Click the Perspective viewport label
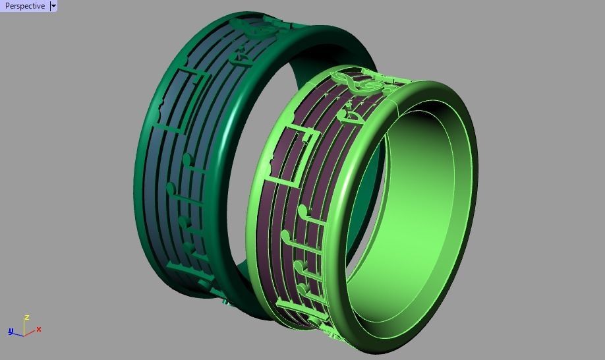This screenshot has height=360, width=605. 24,6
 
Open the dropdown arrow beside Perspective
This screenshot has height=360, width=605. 53,6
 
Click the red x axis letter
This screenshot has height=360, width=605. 39,329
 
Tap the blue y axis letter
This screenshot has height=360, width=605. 11,331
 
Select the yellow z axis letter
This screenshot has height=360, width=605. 26,318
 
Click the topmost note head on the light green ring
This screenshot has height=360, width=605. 302,211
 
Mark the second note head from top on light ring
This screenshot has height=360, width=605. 286,235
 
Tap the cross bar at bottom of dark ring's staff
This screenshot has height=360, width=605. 188,270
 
